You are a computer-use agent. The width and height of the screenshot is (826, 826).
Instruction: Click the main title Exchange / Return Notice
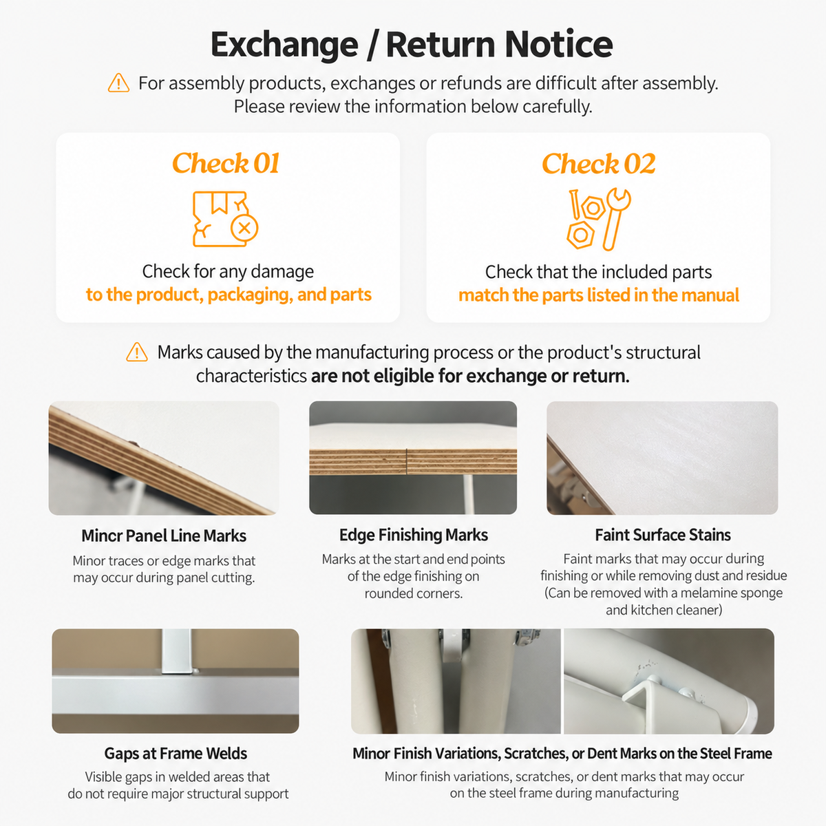tap(412, 44)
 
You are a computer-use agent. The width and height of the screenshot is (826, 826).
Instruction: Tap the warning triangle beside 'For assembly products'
tap(118, 83)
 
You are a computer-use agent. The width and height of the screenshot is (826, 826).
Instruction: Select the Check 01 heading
tap(226, 163)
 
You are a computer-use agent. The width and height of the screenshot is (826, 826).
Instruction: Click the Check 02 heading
tap(598, 164)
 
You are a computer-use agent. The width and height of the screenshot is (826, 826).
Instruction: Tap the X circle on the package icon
tap(244, 228)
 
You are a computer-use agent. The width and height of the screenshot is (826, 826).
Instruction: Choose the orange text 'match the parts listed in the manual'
tap(598, 295)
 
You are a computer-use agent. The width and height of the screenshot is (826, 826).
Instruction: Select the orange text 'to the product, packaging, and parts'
tap(229, 295)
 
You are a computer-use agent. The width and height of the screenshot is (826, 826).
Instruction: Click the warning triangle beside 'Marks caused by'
tap(137, 352)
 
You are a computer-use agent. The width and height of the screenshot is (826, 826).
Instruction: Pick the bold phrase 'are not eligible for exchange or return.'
tap(470, 376)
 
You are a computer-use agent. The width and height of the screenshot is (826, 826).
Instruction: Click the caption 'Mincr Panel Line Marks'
tap(164, 536)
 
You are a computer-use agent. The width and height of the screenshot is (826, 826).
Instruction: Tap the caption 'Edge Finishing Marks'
tap(414, 535)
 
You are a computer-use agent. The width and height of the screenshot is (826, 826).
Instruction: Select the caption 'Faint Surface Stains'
tap(663, 535)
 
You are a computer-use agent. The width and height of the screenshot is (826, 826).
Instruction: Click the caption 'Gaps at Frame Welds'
tap(176, 754)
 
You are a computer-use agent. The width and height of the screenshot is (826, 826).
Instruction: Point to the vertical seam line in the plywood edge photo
tap(406, 462)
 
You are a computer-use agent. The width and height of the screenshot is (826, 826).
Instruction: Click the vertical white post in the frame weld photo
tap(177, 652)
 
